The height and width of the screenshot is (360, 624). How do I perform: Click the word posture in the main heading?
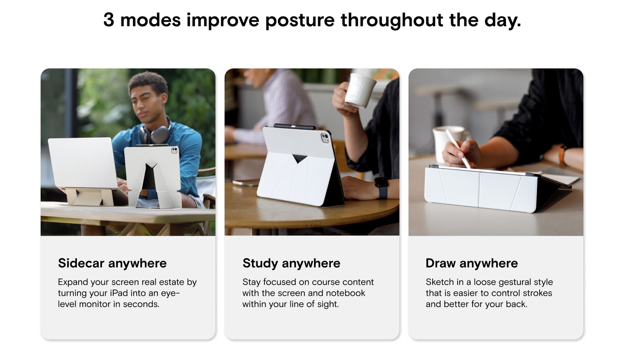coord(300,21)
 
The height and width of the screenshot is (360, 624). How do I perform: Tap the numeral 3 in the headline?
coord(109,20)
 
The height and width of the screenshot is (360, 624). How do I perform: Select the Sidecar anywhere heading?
coord(112,264)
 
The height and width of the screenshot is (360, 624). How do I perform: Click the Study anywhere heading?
coord(291,264)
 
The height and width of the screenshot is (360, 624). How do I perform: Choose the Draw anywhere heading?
coord(472,264)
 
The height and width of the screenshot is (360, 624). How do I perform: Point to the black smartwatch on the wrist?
coord(381,187)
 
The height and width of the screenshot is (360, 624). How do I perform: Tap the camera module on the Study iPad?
coord(325,138)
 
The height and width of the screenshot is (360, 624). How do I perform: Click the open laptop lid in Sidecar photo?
coord(83,163)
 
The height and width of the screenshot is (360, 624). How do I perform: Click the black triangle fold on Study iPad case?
coord(300,158)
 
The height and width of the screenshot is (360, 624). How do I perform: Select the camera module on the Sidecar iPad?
coord(175,150)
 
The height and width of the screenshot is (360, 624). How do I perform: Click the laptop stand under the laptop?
coord(89,197)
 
